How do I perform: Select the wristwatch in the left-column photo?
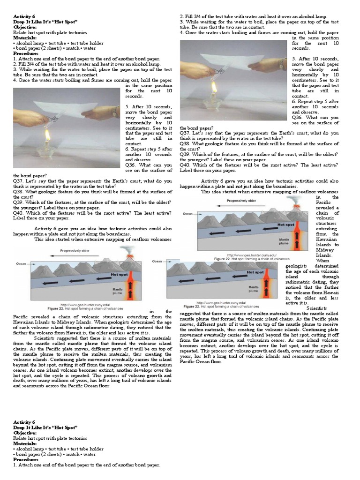(x=114, y=112)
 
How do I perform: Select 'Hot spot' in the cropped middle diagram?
(x=255, y=272)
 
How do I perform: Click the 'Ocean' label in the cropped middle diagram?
(x=157, y=262)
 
